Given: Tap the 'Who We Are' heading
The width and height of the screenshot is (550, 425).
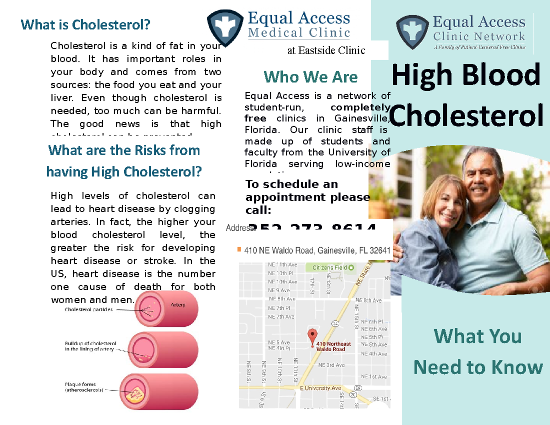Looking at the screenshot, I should pyautogui.click(x=310, y=77).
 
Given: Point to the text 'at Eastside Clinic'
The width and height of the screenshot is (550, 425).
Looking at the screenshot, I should pyautogui.click(x=326, y=50).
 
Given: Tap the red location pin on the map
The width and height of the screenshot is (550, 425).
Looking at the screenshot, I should pyautogui.click(x=313, y=337).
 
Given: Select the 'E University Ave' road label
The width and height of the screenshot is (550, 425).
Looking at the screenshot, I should pyautogui.click(x=321, y=388).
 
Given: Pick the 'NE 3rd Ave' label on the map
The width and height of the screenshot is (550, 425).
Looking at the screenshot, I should pyautogui.click(x=331, y=365).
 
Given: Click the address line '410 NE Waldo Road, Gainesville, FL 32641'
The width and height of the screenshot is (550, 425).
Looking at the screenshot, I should pyautogui.click(x=317, y=251).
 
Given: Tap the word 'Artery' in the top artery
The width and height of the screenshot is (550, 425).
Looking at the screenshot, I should pyautogui.click(x=177, y=304).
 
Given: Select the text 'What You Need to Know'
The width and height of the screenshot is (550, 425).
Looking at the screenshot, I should pyautogui.click(x=478, y=352).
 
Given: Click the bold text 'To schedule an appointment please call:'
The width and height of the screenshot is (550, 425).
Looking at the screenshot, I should pyautogui.click(x=307, y=197).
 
